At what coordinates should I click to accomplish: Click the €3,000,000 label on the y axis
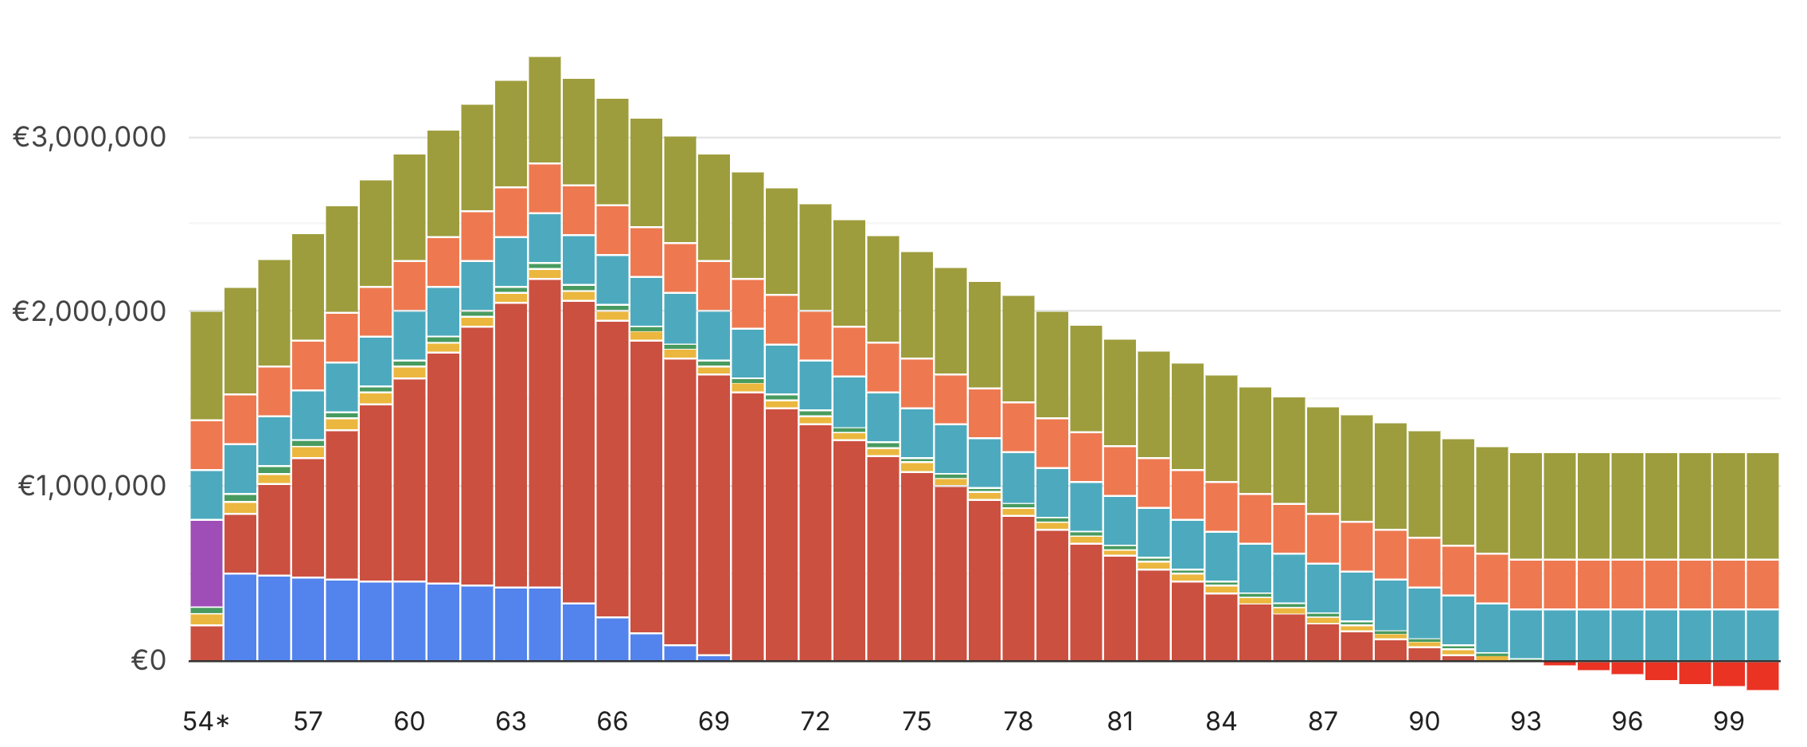(x=89, y=137)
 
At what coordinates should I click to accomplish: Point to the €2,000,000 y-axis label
(x=89, y=311)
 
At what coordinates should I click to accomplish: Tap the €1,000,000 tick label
(x=92, y=486)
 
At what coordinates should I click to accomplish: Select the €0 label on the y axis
(x=148, y=660)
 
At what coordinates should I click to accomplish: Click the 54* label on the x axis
(x=206, y=722)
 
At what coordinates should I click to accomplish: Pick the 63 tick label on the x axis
(x=511, y=722)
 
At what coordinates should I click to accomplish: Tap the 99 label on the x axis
(x=1729, y=722)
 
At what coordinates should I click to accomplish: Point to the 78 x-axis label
(x=1018, y=722)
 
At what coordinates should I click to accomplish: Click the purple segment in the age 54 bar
(x=207, y=563)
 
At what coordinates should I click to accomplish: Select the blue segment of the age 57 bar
(x=308, y=619)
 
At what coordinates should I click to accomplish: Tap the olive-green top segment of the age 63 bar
(x=511, y=134)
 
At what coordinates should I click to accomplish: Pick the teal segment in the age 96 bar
(x=1628, y=635)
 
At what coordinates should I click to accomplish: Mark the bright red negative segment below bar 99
(x=1729, y=674)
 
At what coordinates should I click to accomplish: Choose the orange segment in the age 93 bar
(x=1526, y=585)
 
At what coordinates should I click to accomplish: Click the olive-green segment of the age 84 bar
(x=1221, y=428)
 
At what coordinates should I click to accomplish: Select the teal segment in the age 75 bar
(x=917, y=432)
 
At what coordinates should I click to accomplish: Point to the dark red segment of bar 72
(x=815, y=542)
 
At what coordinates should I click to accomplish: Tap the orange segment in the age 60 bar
(x=409, y=286)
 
